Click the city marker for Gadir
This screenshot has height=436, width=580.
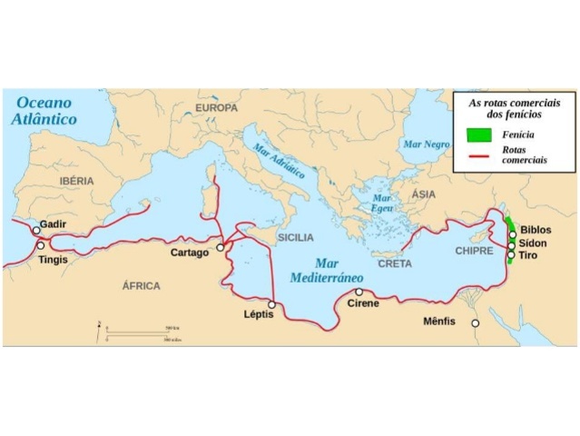36,231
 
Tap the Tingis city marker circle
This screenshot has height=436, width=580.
40,246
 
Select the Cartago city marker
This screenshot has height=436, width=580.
221,247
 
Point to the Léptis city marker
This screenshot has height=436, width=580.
271,304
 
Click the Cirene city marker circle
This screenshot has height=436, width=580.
359,292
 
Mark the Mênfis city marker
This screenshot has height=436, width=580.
474,322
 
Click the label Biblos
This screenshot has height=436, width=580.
536,231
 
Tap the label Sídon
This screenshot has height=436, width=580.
535,244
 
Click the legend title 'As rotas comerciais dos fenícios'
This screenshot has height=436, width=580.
505,110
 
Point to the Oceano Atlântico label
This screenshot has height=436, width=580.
44,111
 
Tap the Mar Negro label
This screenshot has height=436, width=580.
426,144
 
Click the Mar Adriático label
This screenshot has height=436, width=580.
279,161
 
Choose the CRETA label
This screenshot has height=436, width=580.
395,263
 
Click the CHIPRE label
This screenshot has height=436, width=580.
474,250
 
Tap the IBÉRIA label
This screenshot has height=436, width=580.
76,181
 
